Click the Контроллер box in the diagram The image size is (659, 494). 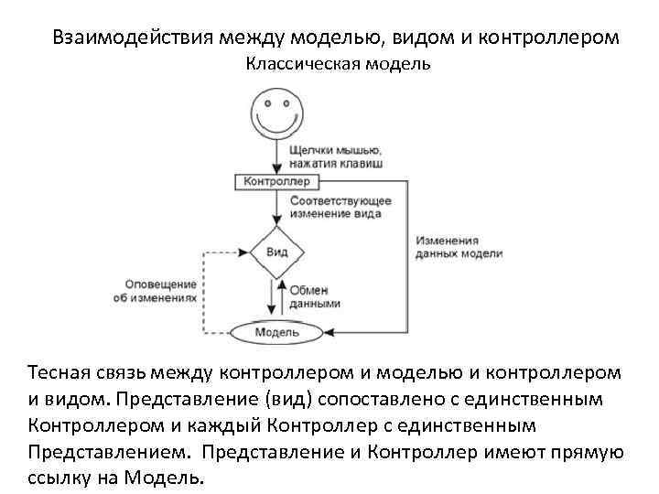[x=276, y=181]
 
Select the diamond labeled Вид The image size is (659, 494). [x=276, y=252]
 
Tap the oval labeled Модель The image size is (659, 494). [x=275, y=332]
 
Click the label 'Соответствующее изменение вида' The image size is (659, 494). [x=340, y=207]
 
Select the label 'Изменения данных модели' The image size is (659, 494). [x=459, y=247]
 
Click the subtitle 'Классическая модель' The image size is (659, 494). [x=338, y=65]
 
